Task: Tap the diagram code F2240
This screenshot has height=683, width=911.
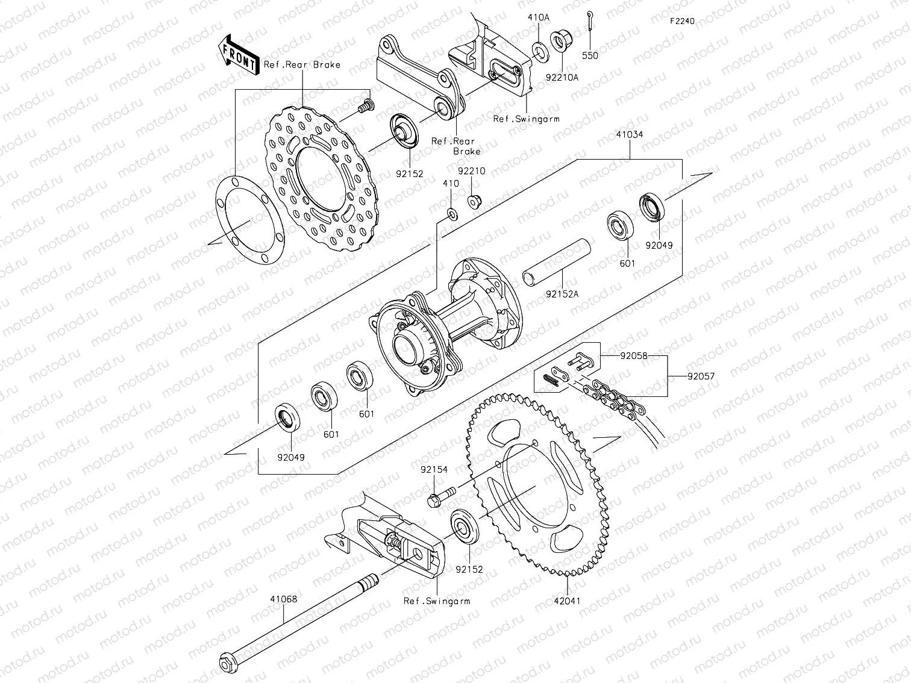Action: pyautogui.click(x=682, y=21)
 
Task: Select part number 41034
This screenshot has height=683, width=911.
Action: pyautogui.click(x=630, y=135)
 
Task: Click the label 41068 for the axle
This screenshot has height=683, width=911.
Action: pyautogui.click(x=283, y=599)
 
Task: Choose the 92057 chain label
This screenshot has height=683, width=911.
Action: pyautogui.click(x=701, y=376)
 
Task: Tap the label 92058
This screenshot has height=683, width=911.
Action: pyautogui.click(x=634, y=356)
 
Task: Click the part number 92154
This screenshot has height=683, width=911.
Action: pyautogui.click(x=434, y=470)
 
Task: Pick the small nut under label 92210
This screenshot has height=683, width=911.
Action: pyautogui.click(x=474, y=200)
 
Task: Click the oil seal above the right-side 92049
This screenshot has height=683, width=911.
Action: pyautogui.click(x=653, y=206)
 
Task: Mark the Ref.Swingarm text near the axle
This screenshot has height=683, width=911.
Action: pyautogui.click(x=437, y=600)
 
